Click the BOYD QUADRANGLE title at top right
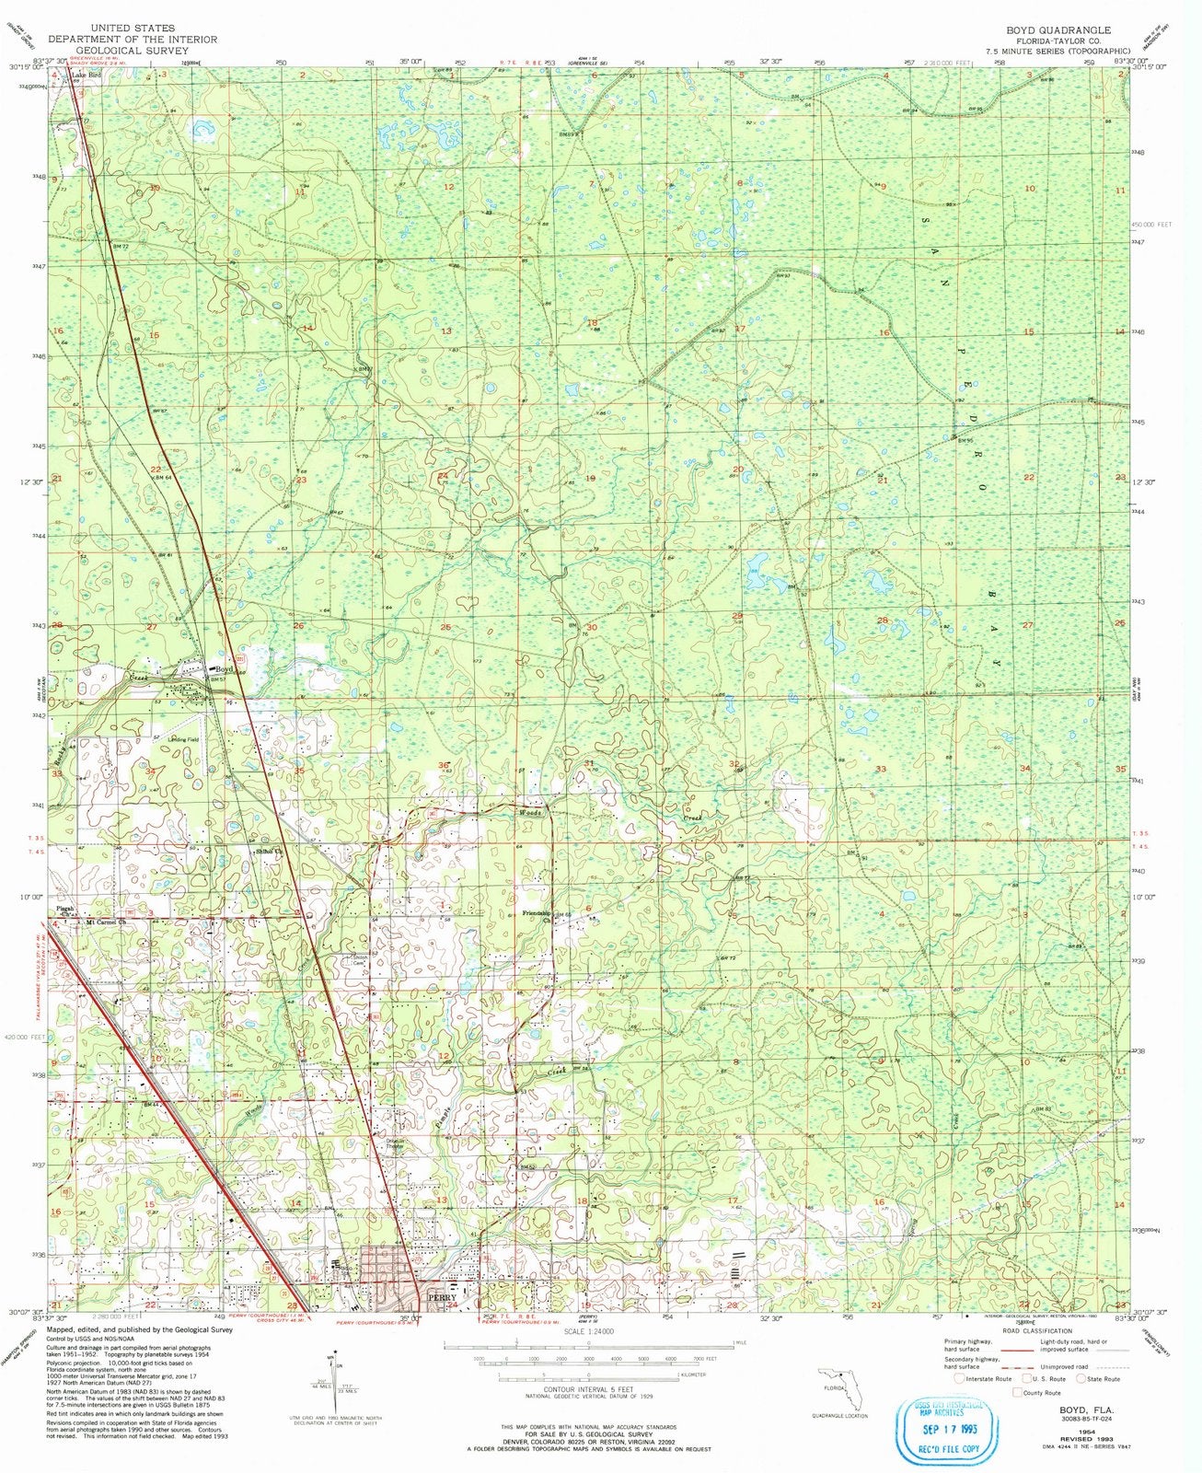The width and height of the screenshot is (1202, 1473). pos(1064,29)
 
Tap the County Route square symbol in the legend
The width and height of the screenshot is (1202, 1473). pos(1018,1394)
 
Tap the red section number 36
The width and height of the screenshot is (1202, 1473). pos(443,765)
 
